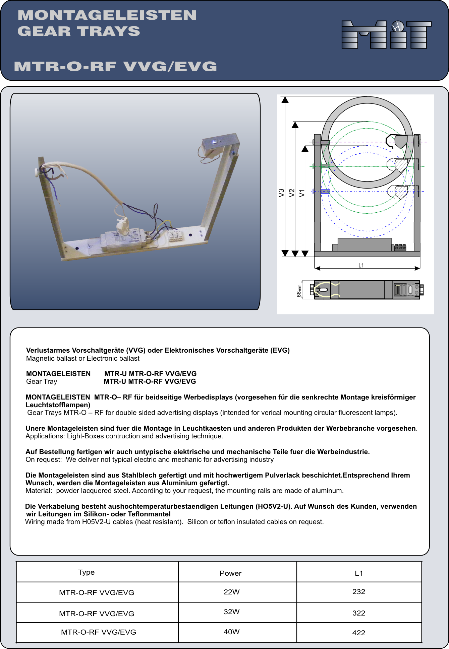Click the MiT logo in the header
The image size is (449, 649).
tap(386, 34)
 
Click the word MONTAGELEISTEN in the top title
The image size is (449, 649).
tap(107, 15)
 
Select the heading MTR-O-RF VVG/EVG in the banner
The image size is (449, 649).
tap(115, 66)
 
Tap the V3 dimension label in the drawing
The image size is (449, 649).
tap(281, 193)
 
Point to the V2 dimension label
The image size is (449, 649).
tap(292, 193)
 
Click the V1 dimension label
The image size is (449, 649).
tap(302, 193)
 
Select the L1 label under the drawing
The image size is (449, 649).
tap(361, 265)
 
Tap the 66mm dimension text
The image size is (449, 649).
tap(299, 290)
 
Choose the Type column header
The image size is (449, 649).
tap(86, 572)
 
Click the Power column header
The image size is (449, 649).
tap(230, 573)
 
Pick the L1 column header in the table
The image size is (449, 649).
tap(359, 573)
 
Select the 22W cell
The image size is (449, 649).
tap(231, 592)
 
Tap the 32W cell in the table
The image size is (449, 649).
tap(231, 612)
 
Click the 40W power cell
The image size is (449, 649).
tap(231, 632)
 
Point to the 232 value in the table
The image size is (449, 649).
tap(358, 592)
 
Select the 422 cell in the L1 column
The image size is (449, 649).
tap(358, 633)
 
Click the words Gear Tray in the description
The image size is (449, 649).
tap(42, 382)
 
